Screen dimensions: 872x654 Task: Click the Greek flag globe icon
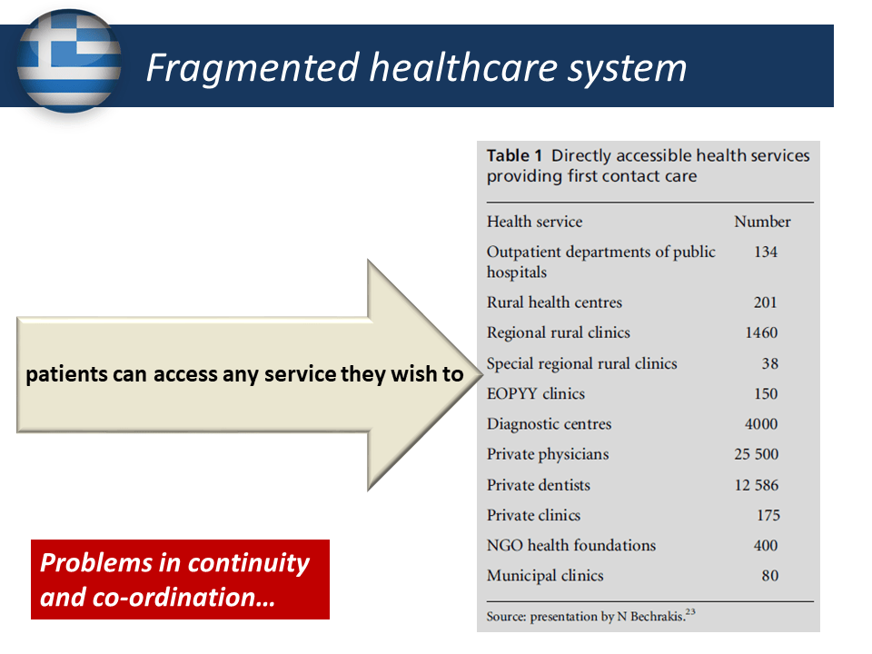click(x=69, y=61)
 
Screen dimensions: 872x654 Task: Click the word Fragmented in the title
click(x=253, y=69)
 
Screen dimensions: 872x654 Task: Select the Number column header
click(x=762, y=222)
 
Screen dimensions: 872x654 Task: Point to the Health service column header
click(x=534, y=222)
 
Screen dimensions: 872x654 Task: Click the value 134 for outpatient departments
click(x=765, y=252)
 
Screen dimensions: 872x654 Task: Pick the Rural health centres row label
click(x=554, y=302)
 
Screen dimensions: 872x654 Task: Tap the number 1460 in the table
click(x=761, y=332)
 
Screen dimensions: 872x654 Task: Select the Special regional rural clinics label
click(x=581, y=363)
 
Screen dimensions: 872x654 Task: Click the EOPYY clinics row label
click(x=536, y=393)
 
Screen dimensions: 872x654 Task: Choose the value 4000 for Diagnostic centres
click(x=761, y=424)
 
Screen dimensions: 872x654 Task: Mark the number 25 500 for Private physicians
click(x=757, y=454)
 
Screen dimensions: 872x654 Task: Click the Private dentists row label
click(x=539, y=485)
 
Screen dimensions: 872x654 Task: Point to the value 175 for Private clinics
click(x=768, y=515)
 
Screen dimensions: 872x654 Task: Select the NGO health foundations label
click(x=571, y=545)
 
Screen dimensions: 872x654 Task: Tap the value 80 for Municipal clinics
click(x=769, y=576)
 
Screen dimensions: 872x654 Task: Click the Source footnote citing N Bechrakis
click(x=590, y=616)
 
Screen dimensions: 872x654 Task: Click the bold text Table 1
click(x=514, y=155)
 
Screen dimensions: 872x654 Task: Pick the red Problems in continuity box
click(x=180, y=580)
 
